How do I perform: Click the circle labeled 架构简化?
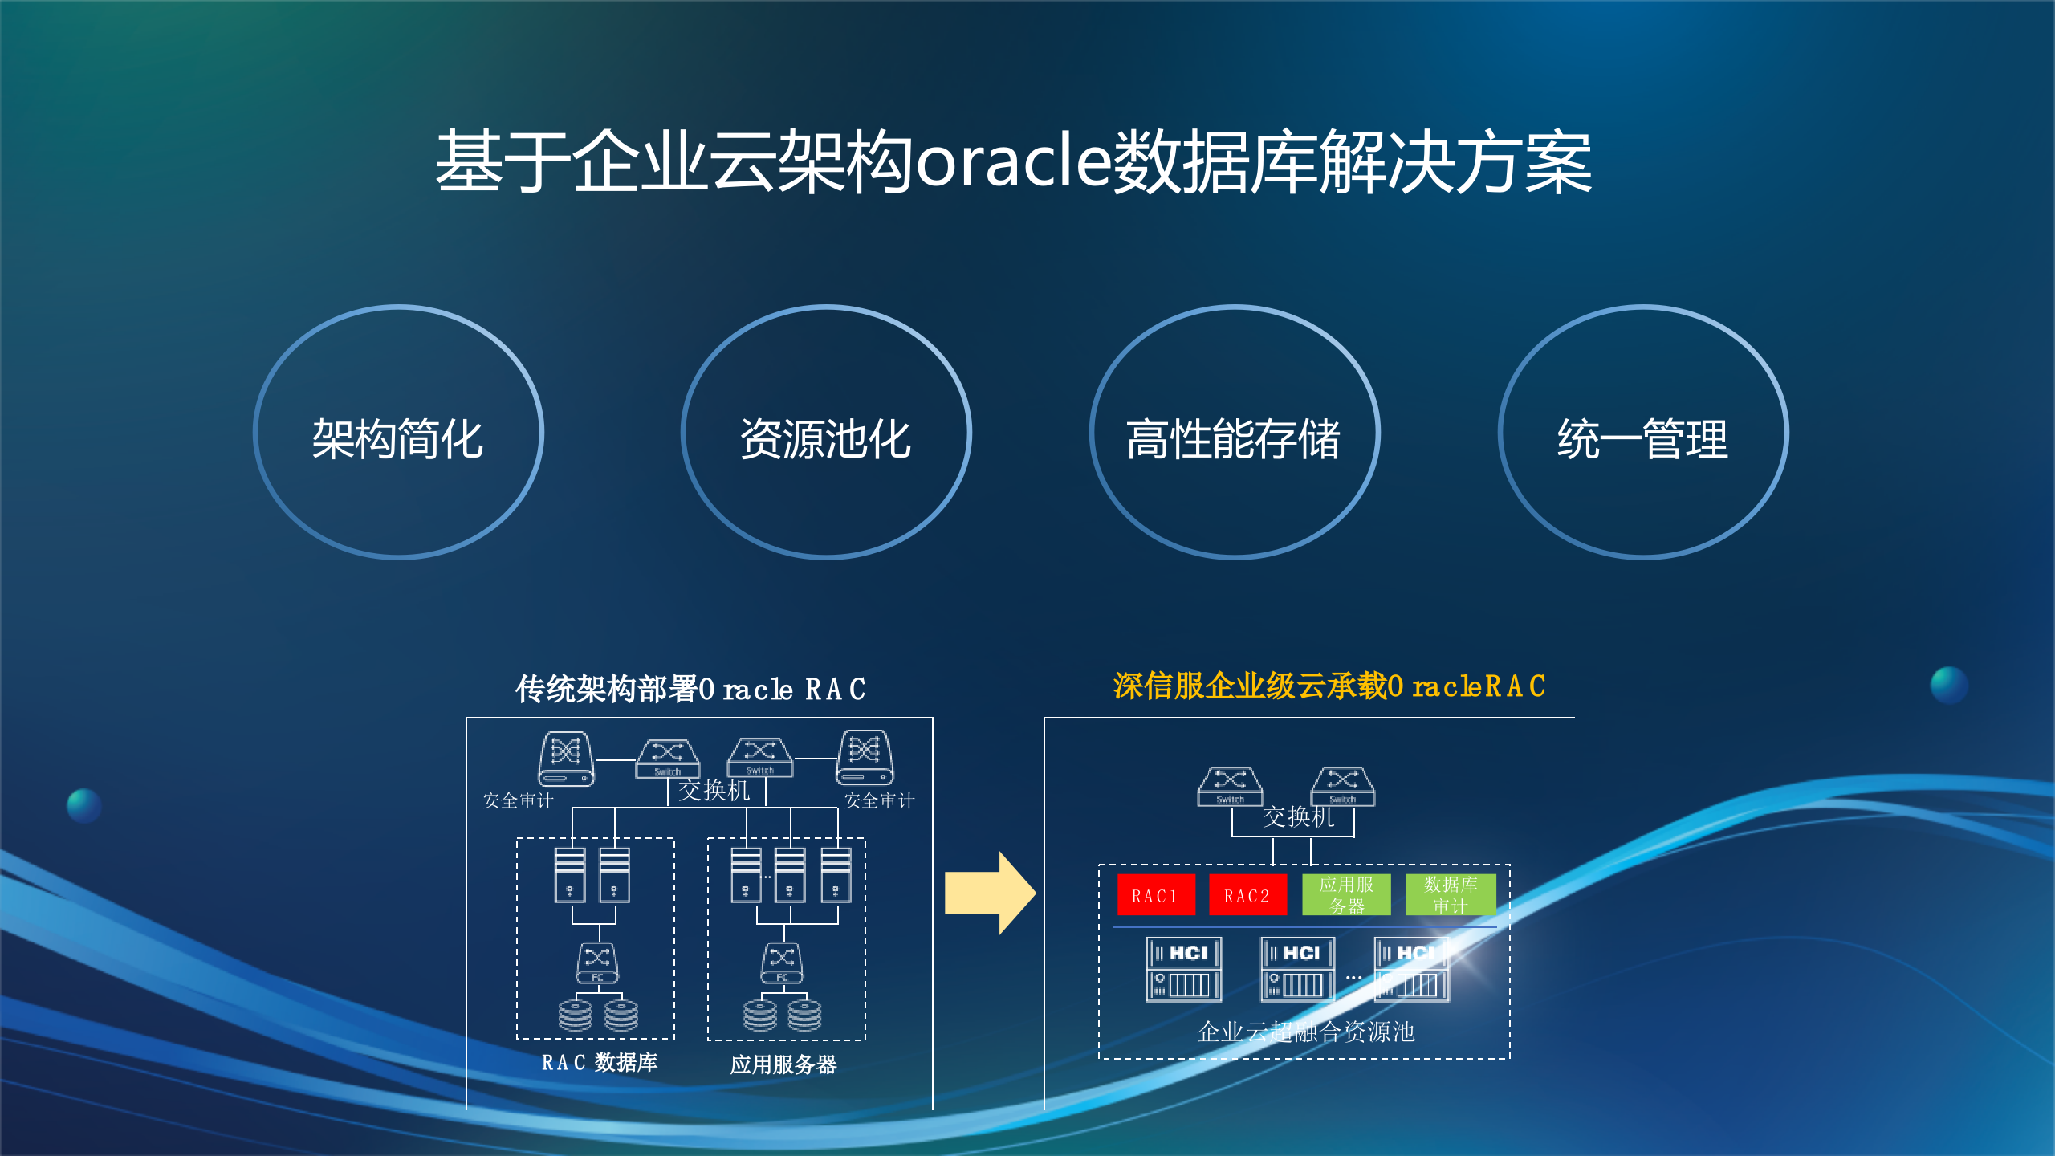pyautogui.click(x=398, y=433)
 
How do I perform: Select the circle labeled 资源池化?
pyautogui.click(x=826, y=433)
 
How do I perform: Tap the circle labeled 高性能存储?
pyautogui.click(x=1235, y=433)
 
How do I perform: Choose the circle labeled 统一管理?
pyautogui.click(x=1643, y=433)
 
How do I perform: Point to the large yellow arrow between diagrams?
pyautogui.click(x=989, y=893)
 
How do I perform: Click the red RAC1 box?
pyautogui.click(x=1155, y=895)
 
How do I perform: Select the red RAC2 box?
pyautogui.click(x=1247, y=895)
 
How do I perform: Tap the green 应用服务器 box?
pyautogui.click(x=1346, y=895)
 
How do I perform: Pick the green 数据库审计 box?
pyautogui.click(x=1451, y=895)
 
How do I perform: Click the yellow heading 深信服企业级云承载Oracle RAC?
pyautogui.click(x=1329, y=686)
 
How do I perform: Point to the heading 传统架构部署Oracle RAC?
pyautogui.click(x=690, y=689)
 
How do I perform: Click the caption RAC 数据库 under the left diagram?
pyautogui.click(x=599, y=1063)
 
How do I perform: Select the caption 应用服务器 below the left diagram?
pyautogui.click(x=783, y=1064)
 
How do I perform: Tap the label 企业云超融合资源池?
pyautogui.click(x=1306, y=1032)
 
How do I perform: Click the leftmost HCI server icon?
pyautogui.click(x=1184, y=970)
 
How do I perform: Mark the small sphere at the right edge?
pyautogui.click(x=1949, y=685)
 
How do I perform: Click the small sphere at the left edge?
pyautogui.click(x=84, y=805)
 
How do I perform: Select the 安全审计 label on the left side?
pyautogui.click(x=518, y=800)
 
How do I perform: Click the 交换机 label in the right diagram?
pyautogui.click(x=1298, y=817)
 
